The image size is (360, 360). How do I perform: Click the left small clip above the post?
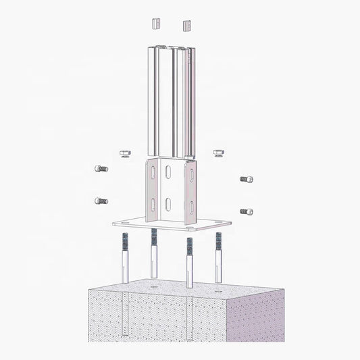click(155, 24)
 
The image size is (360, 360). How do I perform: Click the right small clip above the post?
click(186, 26)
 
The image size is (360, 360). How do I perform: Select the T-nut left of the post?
click(124, 155)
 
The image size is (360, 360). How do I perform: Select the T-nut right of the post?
click(218, 155)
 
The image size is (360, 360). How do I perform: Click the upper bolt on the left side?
click(101, 168)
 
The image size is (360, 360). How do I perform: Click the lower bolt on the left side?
click(101, 201)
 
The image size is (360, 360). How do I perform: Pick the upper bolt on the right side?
click(247, 180)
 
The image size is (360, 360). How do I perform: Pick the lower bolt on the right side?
click(247, 211)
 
